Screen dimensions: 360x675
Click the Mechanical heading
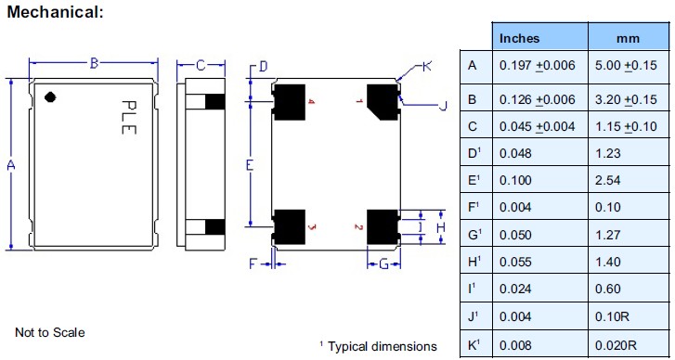coord(55,12)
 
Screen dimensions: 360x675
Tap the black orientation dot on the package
coord(52,95)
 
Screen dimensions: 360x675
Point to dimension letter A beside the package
coord(11,165)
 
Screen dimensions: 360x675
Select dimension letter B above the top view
coord(94,63)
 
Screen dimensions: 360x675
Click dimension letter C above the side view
coord(201,64)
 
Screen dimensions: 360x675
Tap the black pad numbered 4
coord(290,102)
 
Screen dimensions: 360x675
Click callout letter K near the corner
coord(426,66)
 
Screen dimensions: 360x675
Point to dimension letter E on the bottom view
coord(250,165)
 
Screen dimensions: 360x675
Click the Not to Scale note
coord(51,332)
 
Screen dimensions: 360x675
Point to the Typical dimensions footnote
coord(378,346)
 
